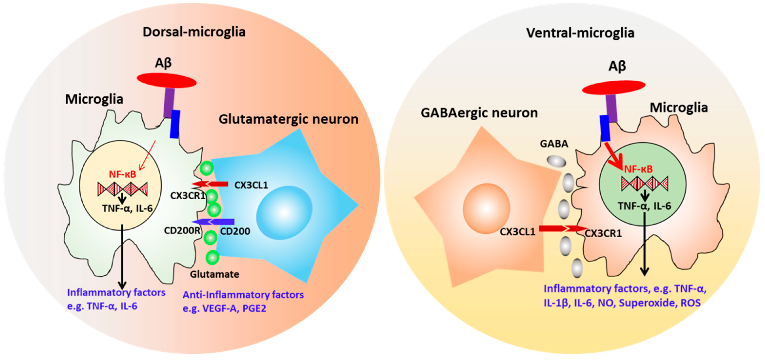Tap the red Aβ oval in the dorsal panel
(x=166, y=80)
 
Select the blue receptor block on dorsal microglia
(x=175, y=124)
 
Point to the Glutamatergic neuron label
(x=288, y=119)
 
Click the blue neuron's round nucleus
(x=284, y=213)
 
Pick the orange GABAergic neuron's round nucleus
(x=486, y=208)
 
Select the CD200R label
(x=182, y=231)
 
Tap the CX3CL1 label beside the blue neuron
(x=251, y=185)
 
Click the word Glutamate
(x=214, y=274)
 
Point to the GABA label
(x=554, y=144)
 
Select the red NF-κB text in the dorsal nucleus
(x=122, y=174)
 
